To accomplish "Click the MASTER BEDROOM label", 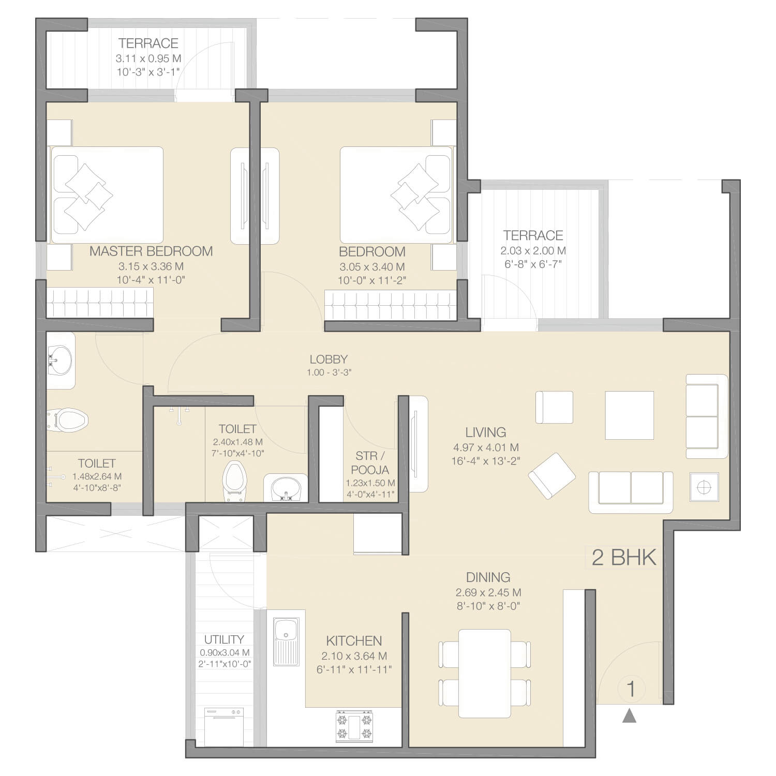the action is click(151, 251).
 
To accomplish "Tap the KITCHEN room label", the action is click(354, 641).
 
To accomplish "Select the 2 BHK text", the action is click(624, 558).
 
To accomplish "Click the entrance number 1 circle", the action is click(631, 689).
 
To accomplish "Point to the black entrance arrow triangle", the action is click(629, 715).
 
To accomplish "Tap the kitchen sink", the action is click(285, 641).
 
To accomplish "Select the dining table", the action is click(485, 673).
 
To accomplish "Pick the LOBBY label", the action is click(329, 359).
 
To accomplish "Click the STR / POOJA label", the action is click(370, 463).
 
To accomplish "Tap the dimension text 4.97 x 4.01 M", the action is click(485, 447).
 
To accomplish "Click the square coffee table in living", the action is click(629, 415).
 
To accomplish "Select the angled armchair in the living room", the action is click(551, 475).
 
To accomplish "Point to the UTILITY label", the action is click(223, 639).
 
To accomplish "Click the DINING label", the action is click(488, 577).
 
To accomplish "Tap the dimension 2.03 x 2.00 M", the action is click(533, 251).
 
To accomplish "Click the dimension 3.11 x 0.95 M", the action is click(148, 58).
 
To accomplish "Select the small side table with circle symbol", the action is click(704, 487).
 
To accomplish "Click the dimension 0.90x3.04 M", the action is click(225, 653).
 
